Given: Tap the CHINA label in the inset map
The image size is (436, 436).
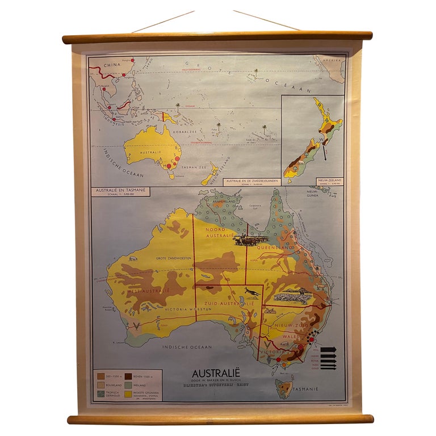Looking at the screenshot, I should [x=105, y=65].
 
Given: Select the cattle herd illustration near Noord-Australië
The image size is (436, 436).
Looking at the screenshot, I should [x=242, y=240].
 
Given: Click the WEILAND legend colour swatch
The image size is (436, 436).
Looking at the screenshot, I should [x=128, y=385].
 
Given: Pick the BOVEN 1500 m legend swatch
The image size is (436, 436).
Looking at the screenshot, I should [x=128, y=375].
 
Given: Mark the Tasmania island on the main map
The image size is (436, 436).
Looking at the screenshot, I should [x=284, y=388].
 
